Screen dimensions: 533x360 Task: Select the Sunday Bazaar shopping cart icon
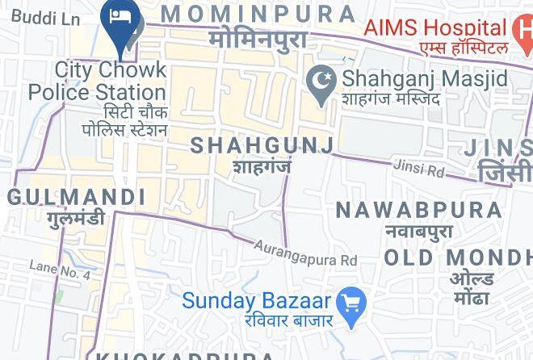pyautogui.click(x=351, y=304)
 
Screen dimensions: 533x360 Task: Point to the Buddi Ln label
pyautogui.click(x=40, y=18)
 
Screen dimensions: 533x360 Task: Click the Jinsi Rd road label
pyautogui.click(x=419, y=169)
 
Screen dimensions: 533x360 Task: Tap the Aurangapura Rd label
pyautogui.click(x=305, y=253)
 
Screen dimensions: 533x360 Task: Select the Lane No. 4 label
pyautogui.click(x=60, y=270)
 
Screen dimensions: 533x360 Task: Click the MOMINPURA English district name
pyautogui.click(x=258, y=14)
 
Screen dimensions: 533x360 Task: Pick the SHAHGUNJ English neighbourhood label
pyautogui.click(x=262, y=145)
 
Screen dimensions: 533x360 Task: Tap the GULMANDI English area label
pyautogui.click(x=77, y=197)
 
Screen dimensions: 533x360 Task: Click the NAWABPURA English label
pyautogui.click(x=418, y=211)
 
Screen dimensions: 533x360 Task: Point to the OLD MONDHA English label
pyautogui.click(x=458, y=258)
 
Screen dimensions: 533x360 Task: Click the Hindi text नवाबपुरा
pyautogui.click(x=418, y=232)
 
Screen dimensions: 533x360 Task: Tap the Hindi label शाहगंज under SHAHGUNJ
pyautogui.click(x=262, y=167)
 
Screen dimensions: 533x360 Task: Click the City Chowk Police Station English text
pyautogui.click(x=97, y=81)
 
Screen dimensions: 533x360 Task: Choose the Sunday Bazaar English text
pyautogui.click(x=256, y=301)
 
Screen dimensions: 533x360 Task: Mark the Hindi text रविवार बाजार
pyautogui.click(x=289, y=320)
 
